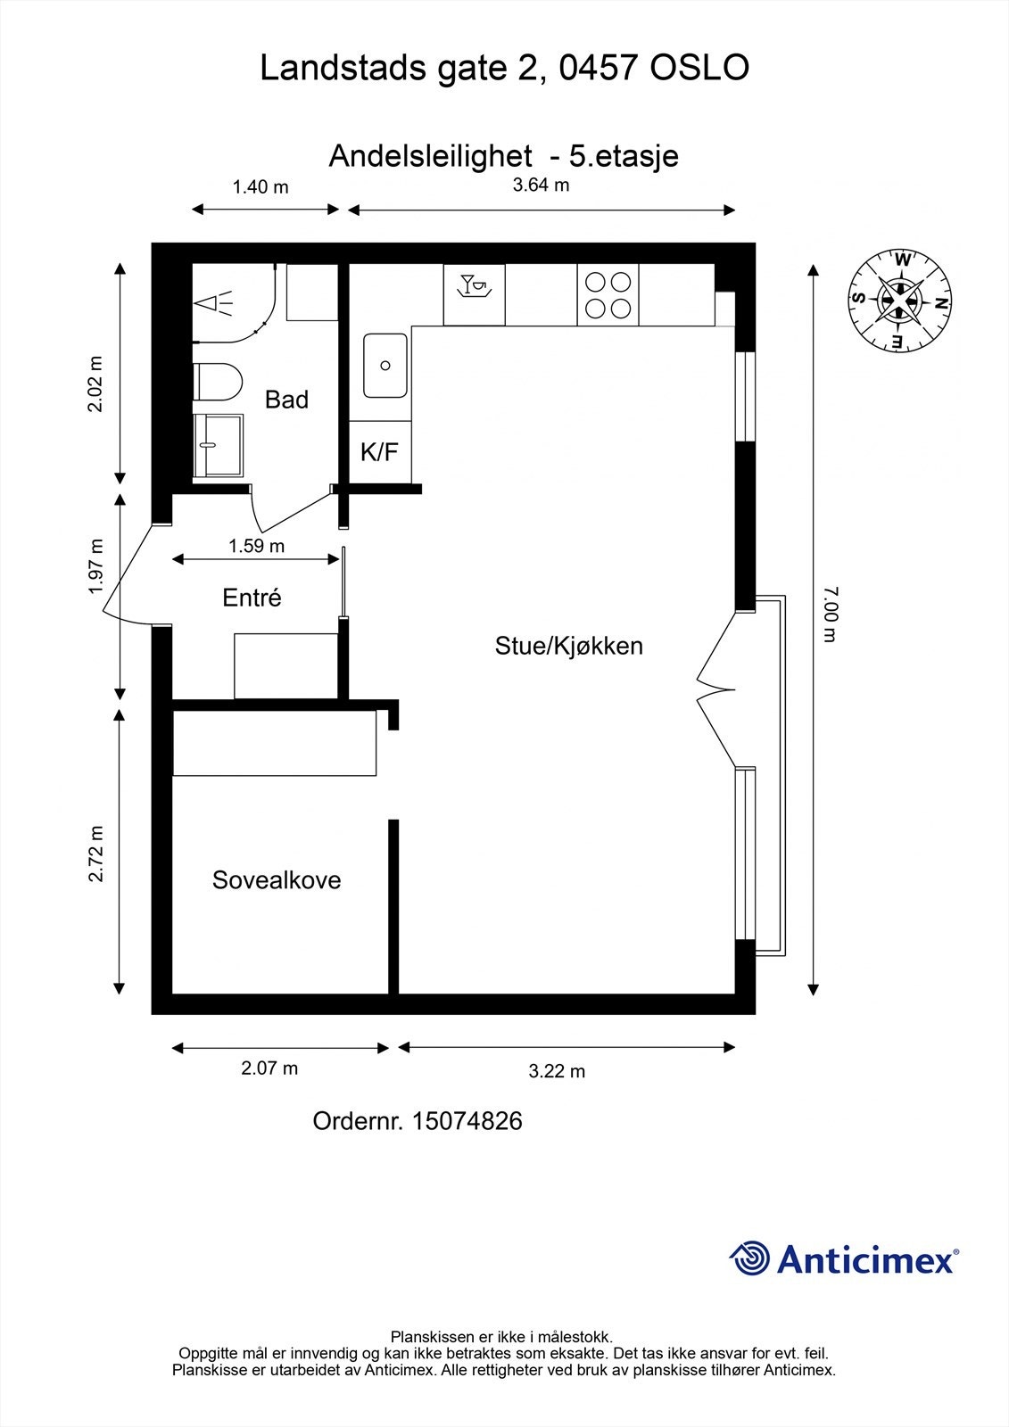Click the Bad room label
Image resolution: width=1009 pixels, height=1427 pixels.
pos(286,400)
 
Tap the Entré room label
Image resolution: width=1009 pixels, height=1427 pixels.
pos(252,598)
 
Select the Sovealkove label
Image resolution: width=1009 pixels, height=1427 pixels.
pos(277,880)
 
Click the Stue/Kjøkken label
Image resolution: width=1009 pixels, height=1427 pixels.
pos(568,646)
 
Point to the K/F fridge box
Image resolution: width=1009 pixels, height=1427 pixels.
pos(379,452)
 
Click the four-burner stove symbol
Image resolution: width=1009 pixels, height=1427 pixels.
pos(608,296)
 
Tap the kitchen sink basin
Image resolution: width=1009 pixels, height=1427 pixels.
pos(385,366)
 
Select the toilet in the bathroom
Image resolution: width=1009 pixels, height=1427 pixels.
pos(217,383)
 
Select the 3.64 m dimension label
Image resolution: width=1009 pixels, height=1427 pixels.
pos(541,186)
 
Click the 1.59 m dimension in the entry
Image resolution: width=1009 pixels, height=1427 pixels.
pos(257,546)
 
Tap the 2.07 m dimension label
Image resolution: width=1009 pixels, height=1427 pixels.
pos(269,1068)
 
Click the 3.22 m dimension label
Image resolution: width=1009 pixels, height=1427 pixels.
pos(557,1071)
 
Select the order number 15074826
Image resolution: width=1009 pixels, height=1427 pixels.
pos(467,1121)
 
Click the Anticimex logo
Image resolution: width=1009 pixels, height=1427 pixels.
pos(844,1259)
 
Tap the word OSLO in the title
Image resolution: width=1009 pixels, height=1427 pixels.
pos(699,69)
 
